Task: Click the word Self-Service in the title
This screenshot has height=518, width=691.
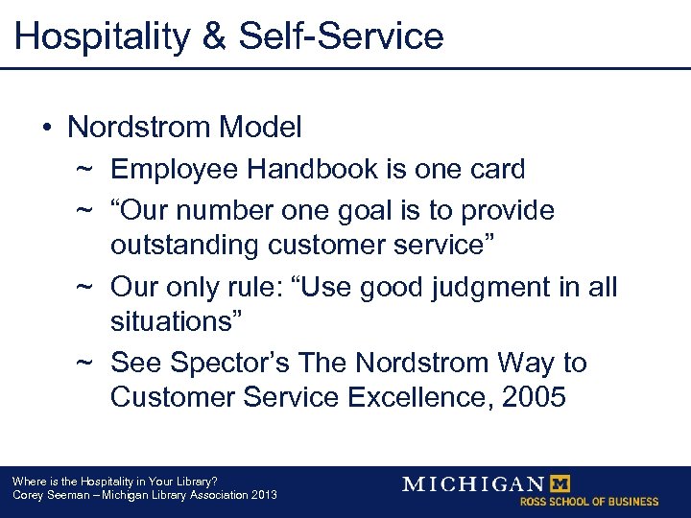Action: pyautogui.click(x=341, y=35)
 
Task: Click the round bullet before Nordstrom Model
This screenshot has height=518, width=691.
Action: pyautogui.click(x=48, y=127)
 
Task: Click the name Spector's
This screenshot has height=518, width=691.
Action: pyautogui.click(x=231, y=363)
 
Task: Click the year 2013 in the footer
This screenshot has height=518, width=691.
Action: pyautogui.click(x=263, y=495)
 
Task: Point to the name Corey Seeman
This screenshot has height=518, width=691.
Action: pyautogui.click(x=42, y=495)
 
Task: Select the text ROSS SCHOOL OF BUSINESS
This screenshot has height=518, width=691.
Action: pyautogui.click(x=589, y=502)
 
